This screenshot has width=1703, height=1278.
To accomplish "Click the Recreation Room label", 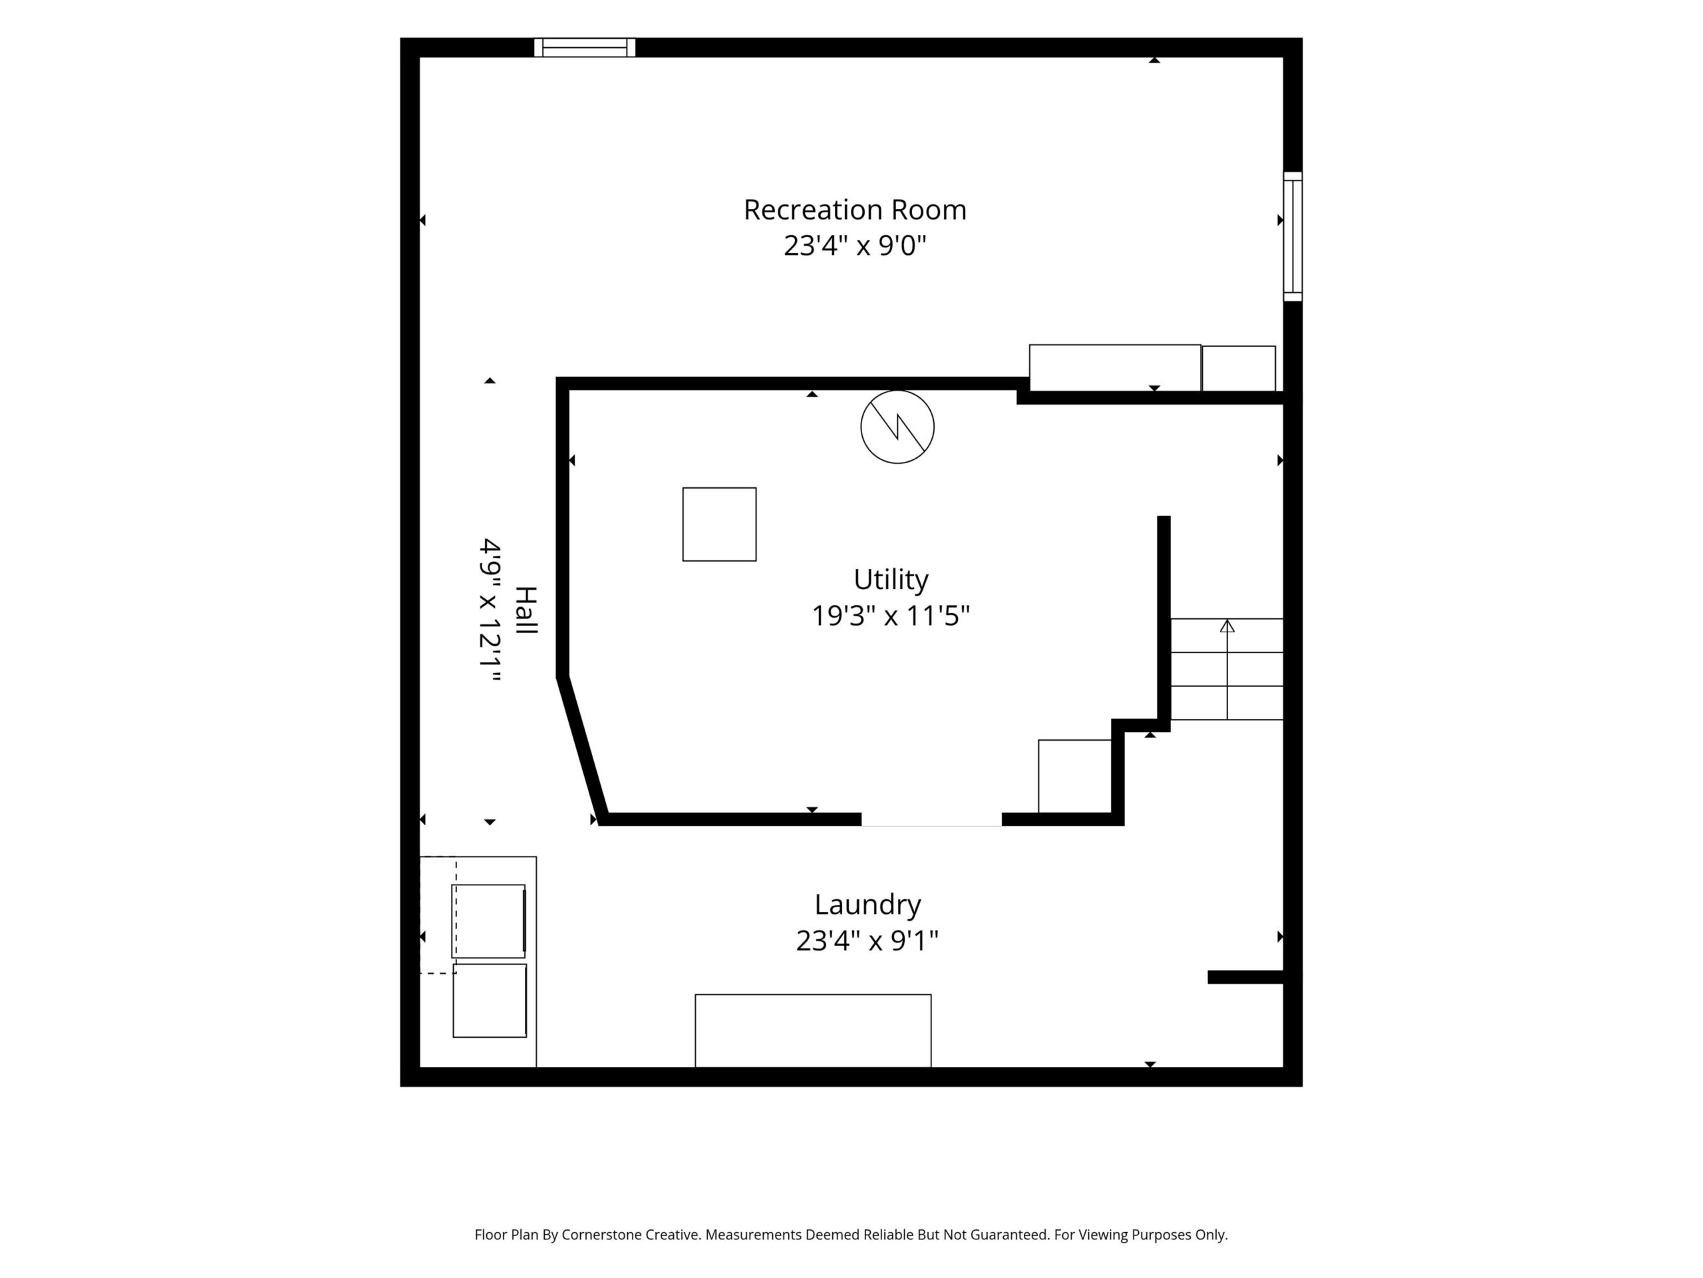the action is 855,210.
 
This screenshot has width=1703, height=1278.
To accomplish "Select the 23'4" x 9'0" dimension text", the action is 855,246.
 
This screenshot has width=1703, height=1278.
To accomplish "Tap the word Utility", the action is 891,580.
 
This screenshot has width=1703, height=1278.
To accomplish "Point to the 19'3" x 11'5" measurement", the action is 891,616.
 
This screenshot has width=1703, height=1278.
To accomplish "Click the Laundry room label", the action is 867,905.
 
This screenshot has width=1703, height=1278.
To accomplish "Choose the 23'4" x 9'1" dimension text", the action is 867,941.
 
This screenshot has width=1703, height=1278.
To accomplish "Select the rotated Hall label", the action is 526,610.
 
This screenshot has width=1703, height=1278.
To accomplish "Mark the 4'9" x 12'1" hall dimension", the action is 490,610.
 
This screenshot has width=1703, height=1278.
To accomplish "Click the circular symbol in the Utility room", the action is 897,427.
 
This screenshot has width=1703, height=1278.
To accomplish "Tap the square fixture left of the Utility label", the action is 719,525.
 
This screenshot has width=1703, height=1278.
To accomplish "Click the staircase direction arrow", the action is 1227,669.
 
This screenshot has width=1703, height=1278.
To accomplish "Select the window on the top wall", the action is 585,48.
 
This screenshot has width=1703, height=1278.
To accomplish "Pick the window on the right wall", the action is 1293,236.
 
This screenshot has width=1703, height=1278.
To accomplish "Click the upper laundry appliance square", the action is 489,921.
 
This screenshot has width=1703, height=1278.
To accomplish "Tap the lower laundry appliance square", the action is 490,1000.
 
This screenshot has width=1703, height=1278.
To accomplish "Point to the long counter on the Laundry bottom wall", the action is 813,1030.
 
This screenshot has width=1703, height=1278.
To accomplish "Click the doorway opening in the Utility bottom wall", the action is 931,819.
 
